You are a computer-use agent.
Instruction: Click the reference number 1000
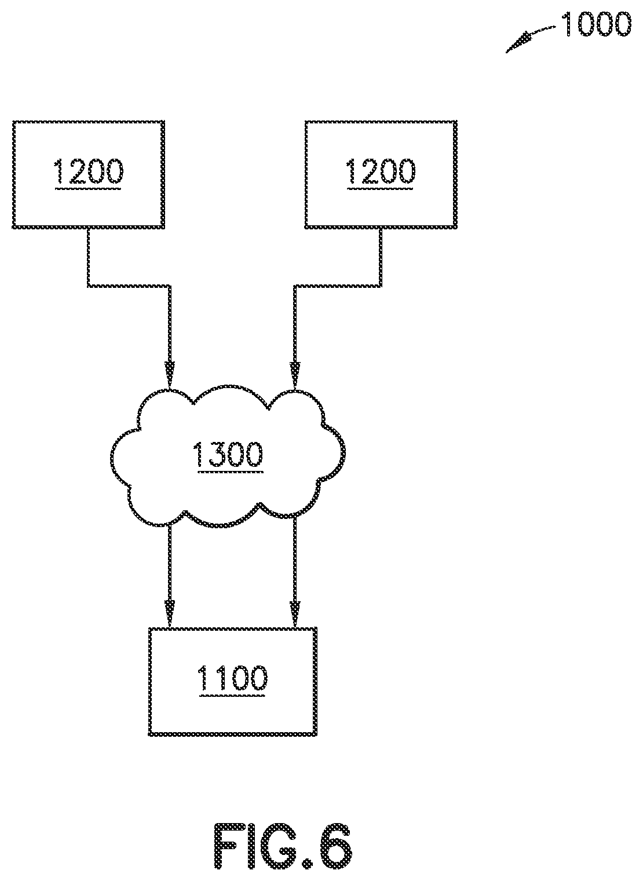pyautogui.click(x=596, y=25)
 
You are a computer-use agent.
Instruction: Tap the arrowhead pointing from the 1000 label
pyautogui.click(x=518, y=44)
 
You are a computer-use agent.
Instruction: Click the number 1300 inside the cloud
pyautogui.click(x=228, y=454)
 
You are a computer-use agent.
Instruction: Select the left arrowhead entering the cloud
pyautogui.click(x=170, y=375)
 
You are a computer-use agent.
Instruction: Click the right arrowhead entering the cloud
pyautogui.click(x=294, y=375)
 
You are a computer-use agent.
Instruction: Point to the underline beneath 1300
pyautogui.click(x=230, y=471)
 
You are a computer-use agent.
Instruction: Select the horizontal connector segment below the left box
pyautogui.click(x=129, y=285)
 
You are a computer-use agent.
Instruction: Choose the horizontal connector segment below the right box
pyautogui.click(x=337, y=285)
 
